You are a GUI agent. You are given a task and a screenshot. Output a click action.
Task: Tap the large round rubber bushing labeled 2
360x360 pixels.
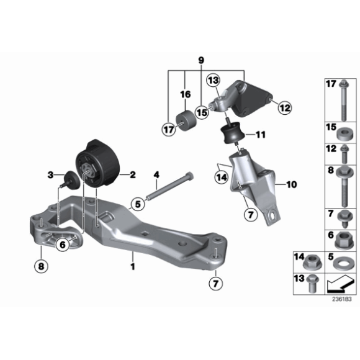[99, 163]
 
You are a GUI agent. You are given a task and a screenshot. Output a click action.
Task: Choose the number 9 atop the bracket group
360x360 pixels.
[200, 60]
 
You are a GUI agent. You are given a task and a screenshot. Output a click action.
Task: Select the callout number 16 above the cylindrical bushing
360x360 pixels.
[184, 94]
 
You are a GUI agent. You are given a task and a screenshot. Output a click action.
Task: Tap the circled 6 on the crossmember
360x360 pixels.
[62, 245]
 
